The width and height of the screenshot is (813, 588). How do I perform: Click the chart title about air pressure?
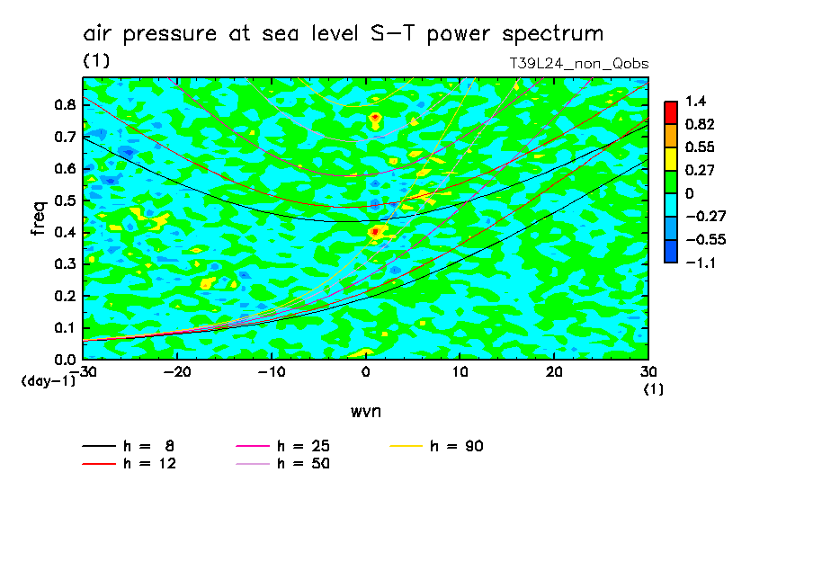tap(343, 34)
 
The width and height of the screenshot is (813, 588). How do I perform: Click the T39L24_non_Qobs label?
tap(579, 64)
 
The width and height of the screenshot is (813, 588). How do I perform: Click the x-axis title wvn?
tap(365, 411)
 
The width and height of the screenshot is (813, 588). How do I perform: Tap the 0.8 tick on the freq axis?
tap(64, 104)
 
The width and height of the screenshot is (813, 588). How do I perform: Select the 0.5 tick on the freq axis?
tap(64, 200)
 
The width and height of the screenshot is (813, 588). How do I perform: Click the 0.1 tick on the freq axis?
tap(64, 328)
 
